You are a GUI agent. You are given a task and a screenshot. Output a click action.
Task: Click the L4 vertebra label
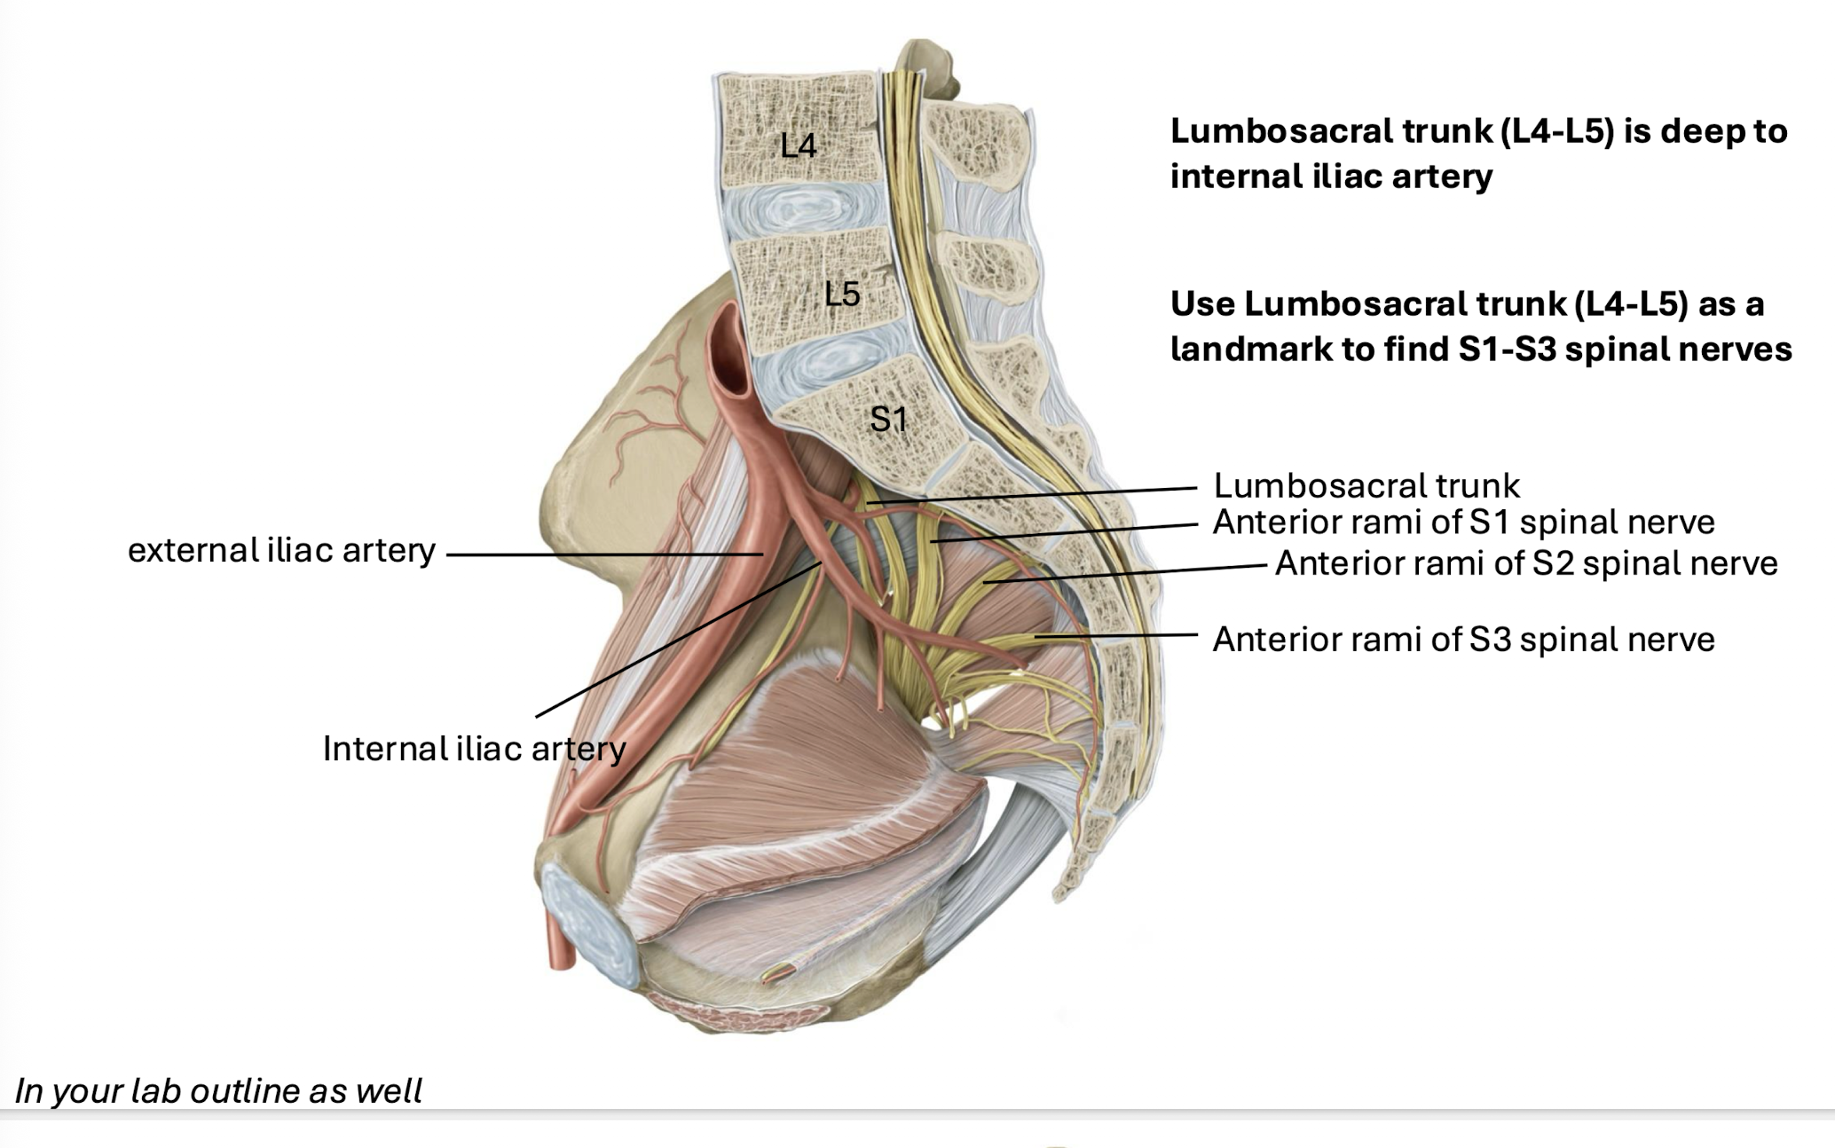pyautogui.click(x=798, y=145)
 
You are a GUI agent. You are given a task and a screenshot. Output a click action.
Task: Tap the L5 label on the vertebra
pyautogui.click(x=841, y=294)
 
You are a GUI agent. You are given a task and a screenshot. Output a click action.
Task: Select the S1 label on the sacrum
pyautogui.click(x=888, y=419)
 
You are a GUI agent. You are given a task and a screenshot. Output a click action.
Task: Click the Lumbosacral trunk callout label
pyautogui.click(x=1366, y=486)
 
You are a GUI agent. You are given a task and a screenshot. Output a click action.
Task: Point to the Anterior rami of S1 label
pyautogui.click(x=1463, y=523)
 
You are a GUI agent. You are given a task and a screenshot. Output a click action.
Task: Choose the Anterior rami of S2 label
pyautogui.click(x=1526, y=563)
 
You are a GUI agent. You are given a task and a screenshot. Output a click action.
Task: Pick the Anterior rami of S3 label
pyautogui.click(x=1463, y=640)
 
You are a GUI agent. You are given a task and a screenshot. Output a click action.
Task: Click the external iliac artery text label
pyautogui.click(x=281, y=551)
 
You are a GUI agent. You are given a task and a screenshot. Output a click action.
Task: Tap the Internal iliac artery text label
pyautogui.click(x=474, y=749)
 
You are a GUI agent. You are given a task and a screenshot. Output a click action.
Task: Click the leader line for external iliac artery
pyautogui.click(x=603, y=555)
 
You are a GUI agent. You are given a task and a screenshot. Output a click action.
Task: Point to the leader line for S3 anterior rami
pyautogui.click(x=1118, y=635)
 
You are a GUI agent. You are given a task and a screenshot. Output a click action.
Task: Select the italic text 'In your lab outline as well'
pyautogui.click(x=218, y=1090)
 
